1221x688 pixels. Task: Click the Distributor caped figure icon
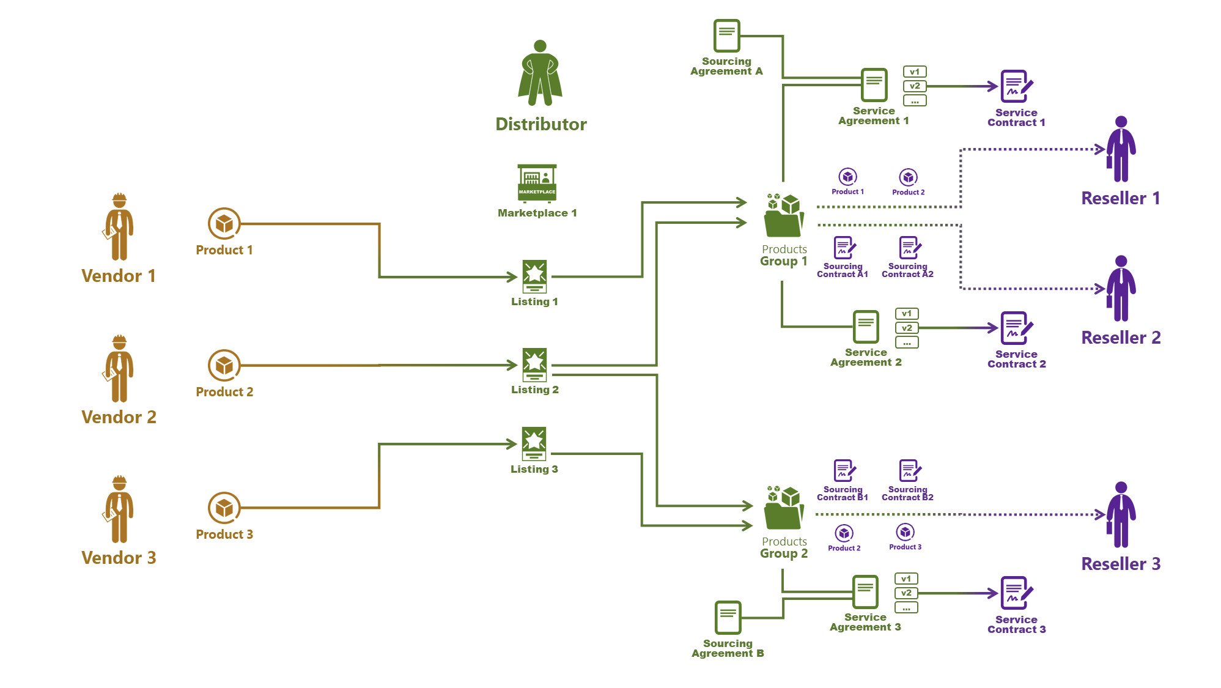tap(540, 73)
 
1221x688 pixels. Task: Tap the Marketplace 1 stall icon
tap(537, 183)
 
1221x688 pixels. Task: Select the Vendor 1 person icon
tap(119, 227)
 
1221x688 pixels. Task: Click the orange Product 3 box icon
tap(224, 508)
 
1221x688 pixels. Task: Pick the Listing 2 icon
tap(534, 364)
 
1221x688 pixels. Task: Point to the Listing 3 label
tap(534, 469)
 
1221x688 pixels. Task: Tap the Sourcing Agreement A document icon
tap(726, 35)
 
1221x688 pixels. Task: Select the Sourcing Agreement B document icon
tap(728, 617)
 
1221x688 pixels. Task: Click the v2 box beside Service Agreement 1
tap(915, 86)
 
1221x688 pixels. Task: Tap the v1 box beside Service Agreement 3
tap(906, 579)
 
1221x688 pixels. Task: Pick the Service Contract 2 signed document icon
tap(1016, 328)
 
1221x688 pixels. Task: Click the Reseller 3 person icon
tap(1121, 515)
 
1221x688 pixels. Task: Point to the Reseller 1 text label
tap(1120, 198)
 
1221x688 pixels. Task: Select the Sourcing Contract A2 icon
tap(909, 248)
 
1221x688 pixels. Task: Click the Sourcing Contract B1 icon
tap(844, 471)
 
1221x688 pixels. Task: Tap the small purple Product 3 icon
tap(905, 532)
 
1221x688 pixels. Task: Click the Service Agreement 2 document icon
tap(866, 327)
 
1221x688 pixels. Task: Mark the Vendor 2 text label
tap(119, 417)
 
